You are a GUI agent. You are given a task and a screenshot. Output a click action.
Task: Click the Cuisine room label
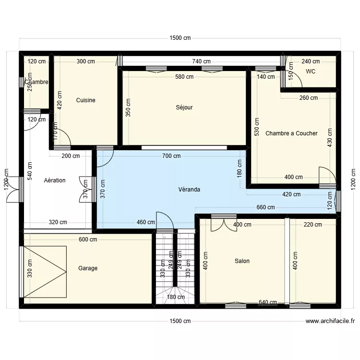pos(85,100)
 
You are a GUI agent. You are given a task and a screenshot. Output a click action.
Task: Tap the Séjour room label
pos(184,108)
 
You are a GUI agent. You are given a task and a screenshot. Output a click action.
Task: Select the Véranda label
pos(190,190)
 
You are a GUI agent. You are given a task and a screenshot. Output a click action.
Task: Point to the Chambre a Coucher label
pos(291,133)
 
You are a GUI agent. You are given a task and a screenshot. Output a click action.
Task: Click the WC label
pos(311,72)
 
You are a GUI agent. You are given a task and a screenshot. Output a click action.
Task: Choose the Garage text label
pos(88,268)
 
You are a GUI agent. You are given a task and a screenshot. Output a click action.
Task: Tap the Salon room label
pos(242,261)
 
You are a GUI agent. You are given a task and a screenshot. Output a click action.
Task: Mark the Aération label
pos(54,180)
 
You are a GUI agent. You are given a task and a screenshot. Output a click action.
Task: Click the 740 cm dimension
pos(201,61)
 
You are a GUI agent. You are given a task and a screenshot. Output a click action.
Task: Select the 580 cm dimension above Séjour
pos(184,77)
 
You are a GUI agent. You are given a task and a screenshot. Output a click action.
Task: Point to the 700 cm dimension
pos(171,156)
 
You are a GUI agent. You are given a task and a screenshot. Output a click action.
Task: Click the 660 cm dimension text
pos(265,207)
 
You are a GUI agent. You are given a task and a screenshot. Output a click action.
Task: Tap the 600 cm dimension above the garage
pos(88,240)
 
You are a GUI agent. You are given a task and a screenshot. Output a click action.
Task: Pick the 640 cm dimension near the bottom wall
pos(268,302)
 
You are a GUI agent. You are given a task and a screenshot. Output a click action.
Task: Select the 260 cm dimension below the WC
pos(308,98)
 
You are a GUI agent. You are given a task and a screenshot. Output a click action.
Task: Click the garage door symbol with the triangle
pos(45,272)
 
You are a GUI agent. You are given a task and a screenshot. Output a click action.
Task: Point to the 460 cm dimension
pos(146,222)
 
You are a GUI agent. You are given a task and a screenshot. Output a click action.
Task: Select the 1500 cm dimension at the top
pos(180,38)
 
